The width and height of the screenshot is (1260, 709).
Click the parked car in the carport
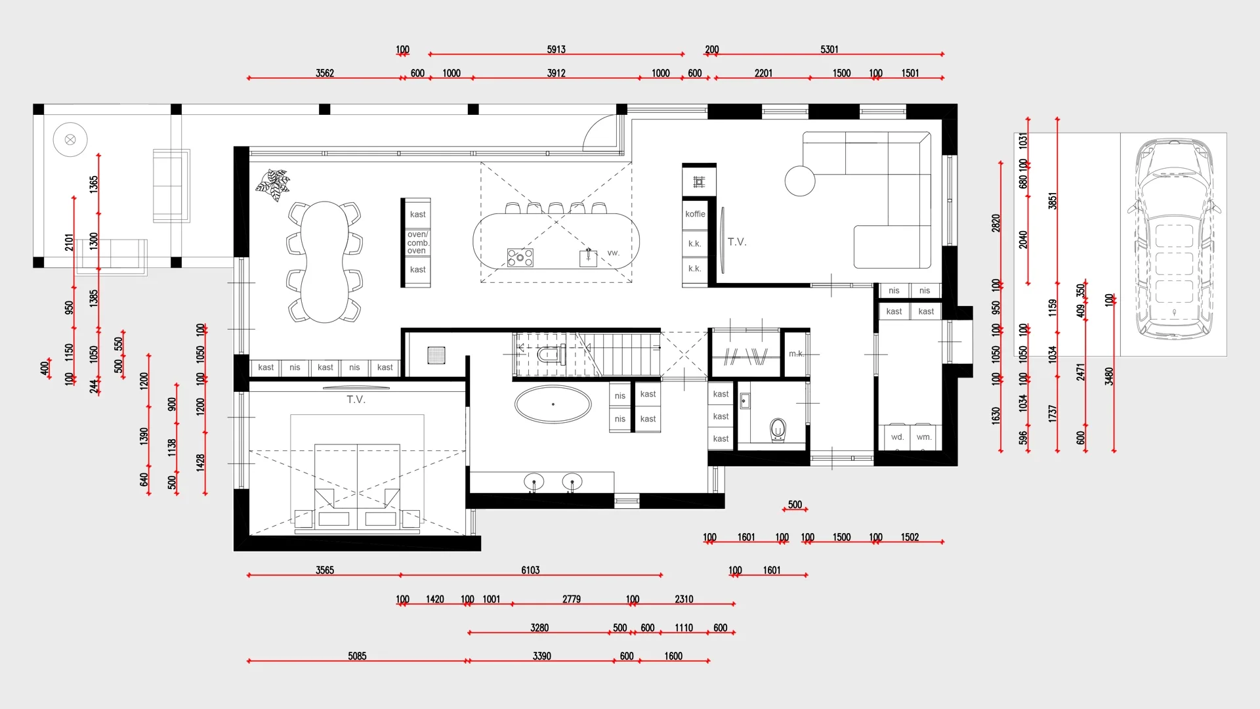(x=1174, y=239)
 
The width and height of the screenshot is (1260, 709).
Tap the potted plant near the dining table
(x=273, y=184)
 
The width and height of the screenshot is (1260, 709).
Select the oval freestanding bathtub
(x=553, y=404)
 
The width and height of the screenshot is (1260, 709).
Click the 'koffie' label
(x=695, y=214)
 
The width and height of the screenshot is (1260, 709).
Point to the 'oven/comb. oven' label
(x=417, y=242)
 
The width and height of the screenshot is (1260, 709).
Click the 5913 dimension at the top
(x=556, y=49)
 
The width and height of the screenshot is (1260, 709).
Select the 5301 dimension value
(x=829, y=49)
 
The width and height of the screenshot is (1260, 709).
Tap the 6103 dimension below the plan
(x=530, y=570)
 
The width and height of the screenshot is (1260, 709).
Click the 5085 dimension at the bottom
(x=357, y=656)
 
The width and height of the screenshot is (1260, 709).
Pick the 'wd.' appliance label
(x=897, y=437)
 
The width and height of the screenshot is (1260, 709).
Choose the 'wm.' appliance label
(x=924, y=437)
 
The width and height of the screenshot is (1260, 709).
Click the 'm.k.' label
(x=796, y=354)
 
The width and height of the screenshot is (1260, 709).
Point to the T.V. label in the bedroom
(x=356, y=399)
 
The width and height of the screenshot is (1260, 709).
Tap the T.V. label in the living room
(x=737, y=242)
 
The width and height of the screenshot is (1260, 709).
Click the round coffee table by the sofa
(x=800, y=181)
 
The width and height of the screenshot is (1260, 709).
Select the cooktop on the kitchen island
(x=520, y=257)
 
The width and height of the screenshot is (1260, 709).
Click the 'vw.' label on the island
(x=613, y=253)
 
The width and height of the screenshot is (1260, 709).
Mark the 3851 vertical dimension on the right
(x=1053, y=201)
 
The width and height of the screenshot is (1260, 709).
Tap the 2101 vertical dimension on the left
(x=69, y=242)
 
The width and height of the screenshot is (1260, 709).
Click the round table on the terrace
(x=70, y=139)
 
